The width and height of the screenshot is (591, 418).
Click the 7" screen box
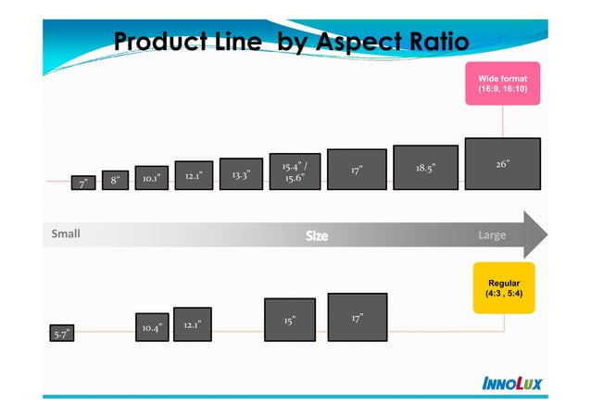[x=82, y=184]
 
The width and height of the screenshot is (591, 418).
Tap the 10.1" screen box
[x=151, y=177]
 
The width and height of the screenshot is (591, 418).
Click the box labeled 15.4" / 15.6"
[x=295, y=171]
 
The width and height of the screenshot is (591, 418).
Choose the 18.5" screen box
[x=425, y=168]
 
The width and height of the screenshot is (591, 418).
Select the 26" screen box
[x=502, y=164]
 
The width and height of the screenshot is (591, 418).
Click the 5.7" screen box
[x=61, y=334]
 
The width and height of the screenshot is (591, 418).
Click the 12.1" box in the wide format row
[x=194, y=175]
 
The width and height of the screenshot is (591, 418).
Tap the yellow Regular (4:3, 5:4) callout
[x=503, y=287]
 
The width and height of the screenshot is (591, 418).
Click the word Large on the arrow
[x=491, y=235]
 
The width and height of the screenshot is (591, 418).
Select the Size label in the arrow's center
[x=317, y=236]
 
